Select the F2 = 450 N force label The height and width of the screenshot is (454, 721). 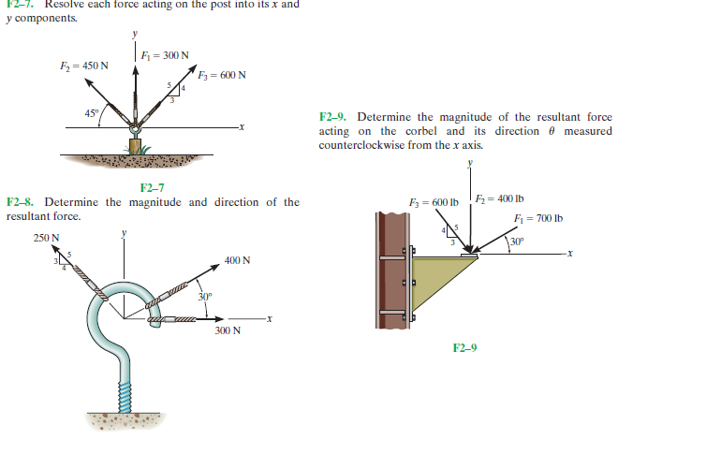tap(84, 66)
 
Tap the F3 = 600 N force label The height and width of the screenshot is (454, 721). tap(222, 75)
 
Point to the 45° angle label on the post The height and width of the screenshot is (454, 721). tap(92, 114)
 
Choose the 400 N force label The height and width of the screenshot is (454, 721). tap(238, 260)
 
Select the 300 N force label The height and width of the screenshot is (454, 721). tap(228, 330)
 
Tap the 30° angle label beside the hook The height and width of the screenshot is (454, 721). tap(205, 297)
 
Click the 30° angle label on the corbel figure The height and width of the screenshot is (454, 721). tap(518, 243)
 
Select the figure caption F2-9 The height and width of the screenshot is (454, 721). tap(464, 348)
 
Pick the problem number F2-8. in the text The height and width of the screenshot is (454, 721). tap(22, 202)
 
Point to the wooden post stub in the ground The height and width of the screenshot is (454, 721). tap(136, 147)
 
